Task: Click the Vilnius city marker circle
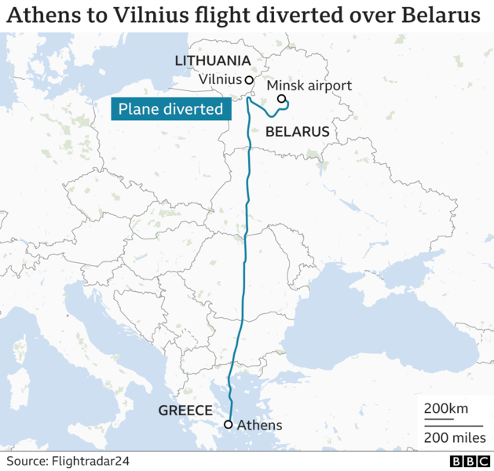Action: pyautogui.click(x=249, y=80)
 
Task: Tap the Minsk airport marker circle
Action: pyautogui.click(x=281, y=99)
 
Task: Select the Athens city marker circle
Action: pyautogui.click(x=228, y=425)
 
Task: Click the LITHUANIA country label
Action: pyautogui.click(x=212, y=61)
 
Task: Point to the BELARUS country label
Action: pyautogui.click(x=297, y=132)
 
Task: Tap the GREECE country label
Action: pyautogui.click(x=185, y=411)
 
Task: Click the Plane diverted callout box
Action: pyautogui.click(x=170, y=109)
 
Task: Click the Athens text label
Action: pyautogui.click(x=259, y=425)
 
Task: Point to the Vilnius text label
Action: pyautogui.click(x=221, y=79)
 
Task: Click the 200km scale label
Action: pyautogui.click(x=445, y=409)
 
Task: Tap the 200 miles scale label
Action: pyautogui.click(x=455, y=437)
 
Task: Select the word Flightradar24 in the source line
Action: pyautogui.click(x=92, y=461)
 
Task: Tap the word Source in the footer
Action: pyautogui.click(x=27, y=461)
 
